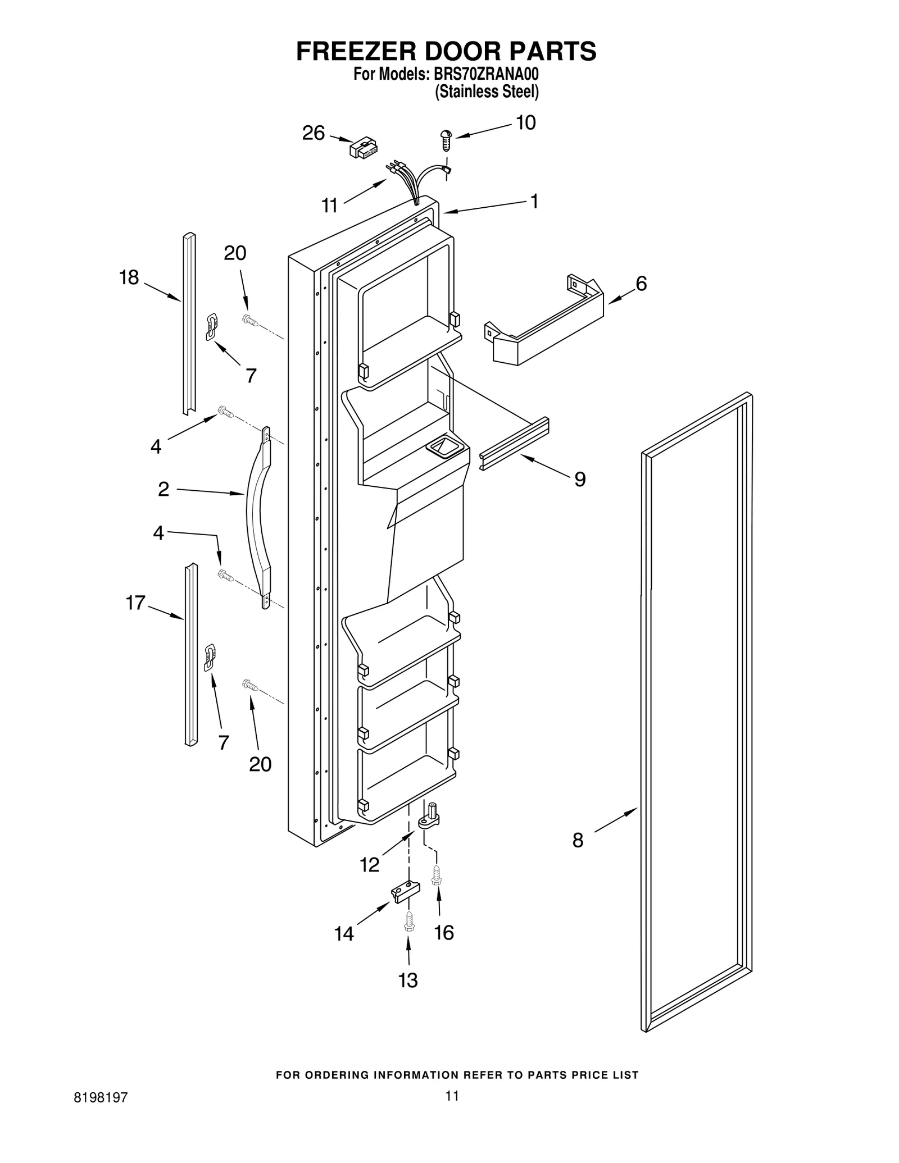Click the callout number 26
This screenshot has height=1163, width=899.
[313, 133]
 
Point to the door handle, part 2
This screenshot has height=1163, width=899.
[258, 517]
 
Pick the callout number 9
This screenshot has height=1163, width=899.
[580, 479]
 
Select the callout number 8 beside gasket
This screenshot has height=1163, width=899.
[578, 841]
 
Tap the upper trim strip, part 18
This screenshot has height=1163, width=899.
[189, 323]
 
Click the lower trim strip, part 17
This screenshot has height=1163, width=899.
[191, 654]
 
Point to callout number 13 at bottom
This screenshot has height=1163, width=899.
[408, 980]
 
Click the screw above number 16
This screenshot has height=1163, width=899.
[437, 875]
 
